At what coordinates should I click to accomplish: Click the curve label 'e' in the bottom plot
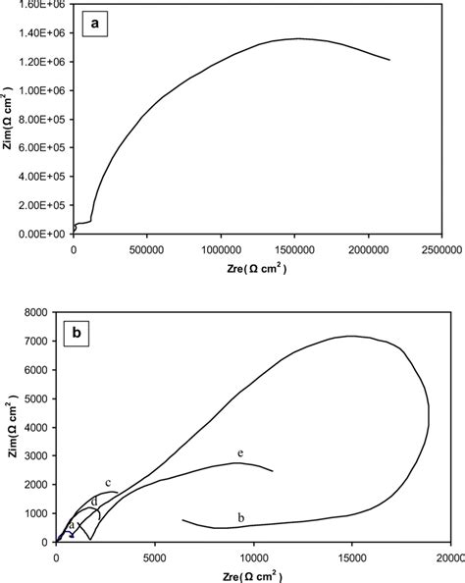tap(238, 452)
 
